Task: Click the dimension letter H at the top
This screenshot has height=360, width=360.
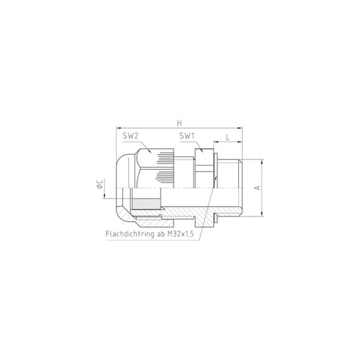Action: coord(179,123)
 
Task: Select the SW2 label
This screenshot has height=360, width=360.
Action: coord(131,136)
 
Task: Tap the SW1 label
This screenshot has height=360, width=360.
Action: coord(187,136)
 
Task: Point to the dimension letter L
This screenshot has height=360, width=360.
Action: coord(228,138)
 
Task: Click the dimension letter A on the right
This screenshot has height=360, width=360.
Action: coord(257,187)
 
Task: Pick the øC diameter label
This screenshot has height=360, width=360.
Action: coord(100,184)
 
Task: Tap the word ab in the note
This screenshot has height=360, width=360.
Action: coord(161,234)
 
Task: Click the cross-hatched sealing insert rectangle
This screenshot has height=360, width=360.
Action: coord(146,204)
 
